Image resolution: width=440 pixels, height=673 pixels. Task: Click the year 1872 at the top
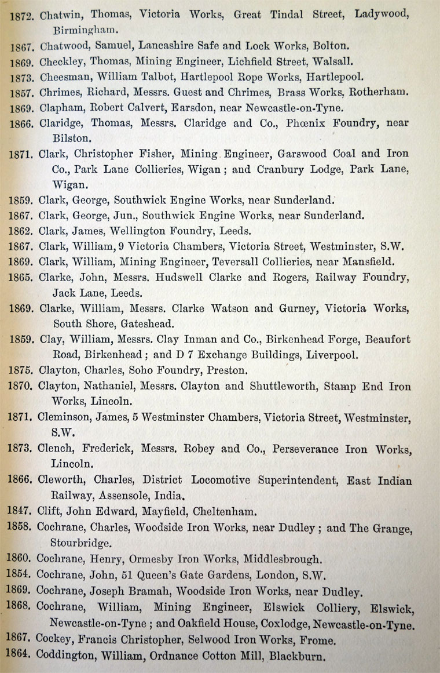[x=24, y=16]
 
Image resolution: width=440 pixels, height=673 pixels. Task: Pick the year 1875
[x=23, y=370]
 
